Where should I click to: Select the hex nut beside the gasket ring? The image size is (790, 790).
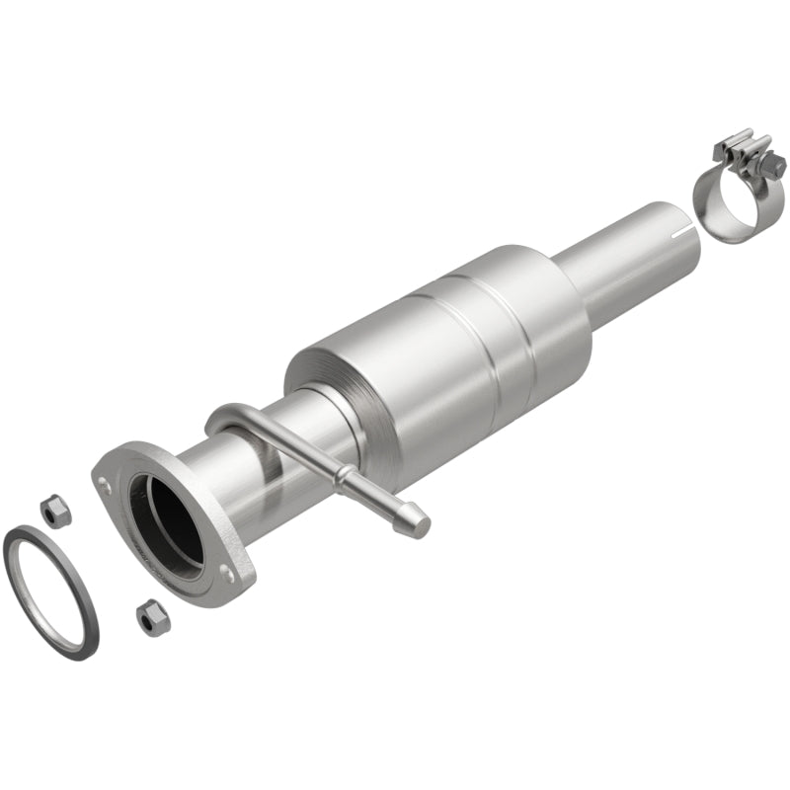pyautogui.click(x=54, y=510)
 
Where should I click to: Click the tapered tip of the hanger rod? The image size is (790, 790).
pyautogui.click(x=415, y=523)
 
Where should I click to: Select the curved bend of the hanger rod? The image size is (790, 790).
pyautogui.click(x=219, y=415)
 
